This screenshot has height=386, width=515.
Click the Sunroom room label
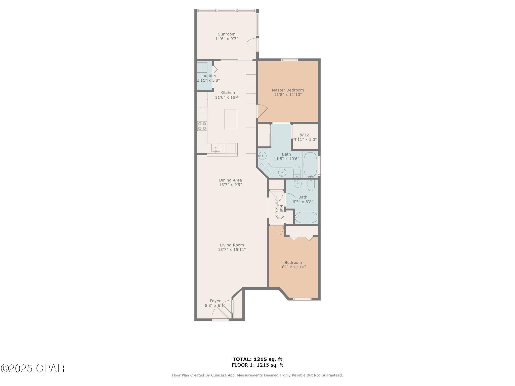(x=227, y=34)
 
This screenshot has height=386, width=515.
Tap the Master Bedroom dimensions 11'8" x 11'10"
(x=288, y=95)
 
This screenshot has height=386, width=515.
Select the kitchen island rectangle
(x=231, y=119)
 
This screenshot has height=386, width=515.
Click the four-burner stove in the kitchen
(x=202, y=126)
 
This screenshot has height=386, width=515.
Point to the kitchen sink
(x=216, y=148)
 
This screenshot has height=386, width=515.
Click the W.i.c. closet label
(x=305, y=135)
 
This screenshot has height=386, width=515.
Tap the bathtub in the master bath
(x=311, y=165)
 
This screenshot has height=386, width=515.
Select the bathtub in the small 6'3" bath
(x=306, y=217)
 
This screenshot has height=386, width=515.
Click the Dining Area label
(x=230, y=180)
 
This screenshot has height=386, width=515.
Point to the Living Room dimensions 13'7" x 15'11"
(x=232, y=250)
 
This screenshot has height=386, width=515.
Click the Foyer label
(x=215, y=301)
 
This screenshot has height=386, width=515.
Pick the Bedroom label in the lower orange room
(x=293, y=263)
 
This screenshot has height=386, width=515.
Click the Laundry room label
(x=208, y=76)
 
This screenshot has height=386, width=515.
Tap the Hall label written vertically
(x=281, y=208)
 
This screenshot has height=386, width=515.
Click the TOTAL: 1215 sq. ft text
(x=257, y=359)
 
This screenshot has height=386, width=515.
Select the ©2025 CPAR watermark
(x=33, y=369)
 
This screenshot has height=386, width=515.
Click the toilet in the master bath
(x=297, y=171)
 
